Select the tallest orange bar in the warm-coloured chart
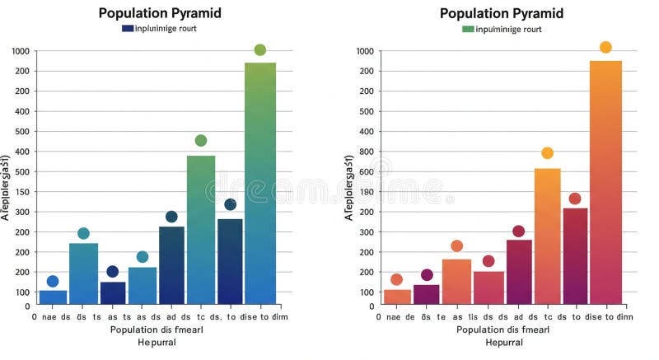[x=605, y=181]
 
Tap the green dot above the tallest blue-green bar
[x=260, y=50]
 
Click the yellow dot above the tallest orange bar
[x=605, y=47]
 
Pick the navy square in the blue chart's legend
[x=128, y=28]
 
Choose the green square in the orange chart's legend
[x=468, y=28]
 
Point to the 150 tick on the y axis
[x=21, y=192]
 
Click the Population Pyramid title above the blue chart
[x=160, y=12]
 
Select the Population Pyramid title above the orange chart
[x=501, y=12]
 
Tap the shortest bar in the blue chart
[x=54, y=297]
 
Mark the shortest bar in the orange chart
[x=397, y=297]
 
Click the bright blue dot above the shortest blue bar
[x=53, y=282]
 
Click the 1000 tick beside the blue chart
[x=21, y=51]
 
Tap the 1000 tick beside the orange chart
[x=366, y=51]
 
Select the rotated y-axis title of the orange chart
[x=349, y=186]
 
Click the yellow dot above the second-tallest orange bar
[x=547, y=153]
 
